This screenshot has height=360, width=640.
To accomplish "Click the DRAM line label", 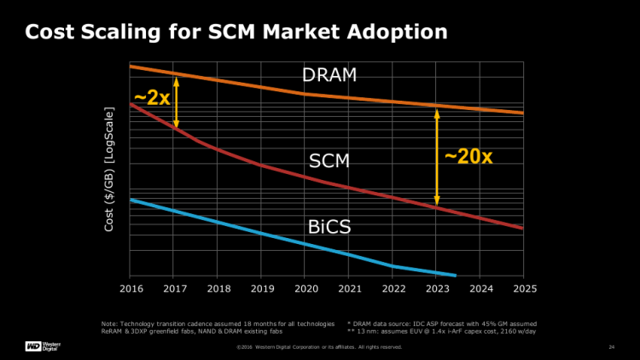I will [329, 75].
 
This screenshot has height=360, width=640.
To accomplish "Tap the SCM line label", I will [329, 161].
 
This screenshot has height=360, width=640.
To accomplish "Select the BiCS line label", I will [329, 226].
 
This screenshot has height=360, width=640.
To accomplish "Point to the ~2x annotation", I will [152, 98].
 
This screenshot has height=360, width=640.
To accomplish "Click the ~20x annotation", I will [468, 157].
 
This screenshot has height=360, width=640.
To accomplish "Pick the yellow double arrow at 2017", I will [177, 102].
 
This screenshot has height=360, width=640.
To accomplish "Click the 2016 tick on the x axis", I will [130, 290].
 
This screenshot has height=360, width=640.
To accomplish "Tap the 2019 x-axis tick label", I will [261, 290].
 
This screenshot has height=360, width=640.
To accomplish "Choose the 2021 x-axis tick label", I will [349, 290].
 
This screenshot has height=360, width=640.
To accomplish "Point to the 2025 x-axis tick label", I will [523, 290].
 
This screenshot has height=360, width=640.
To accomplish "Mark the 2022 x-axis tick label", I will [393, 290].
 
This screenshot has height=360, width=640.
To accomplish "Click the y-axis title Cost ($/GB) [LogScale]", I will [109, 171].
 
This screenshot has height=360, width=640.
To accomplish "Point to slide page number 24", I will [611, 347].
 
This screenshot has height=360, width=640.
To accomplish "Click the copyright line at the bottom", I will [319, 347].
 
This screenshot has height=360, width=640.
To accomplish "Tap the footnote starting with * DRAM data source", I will [442, 324].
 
